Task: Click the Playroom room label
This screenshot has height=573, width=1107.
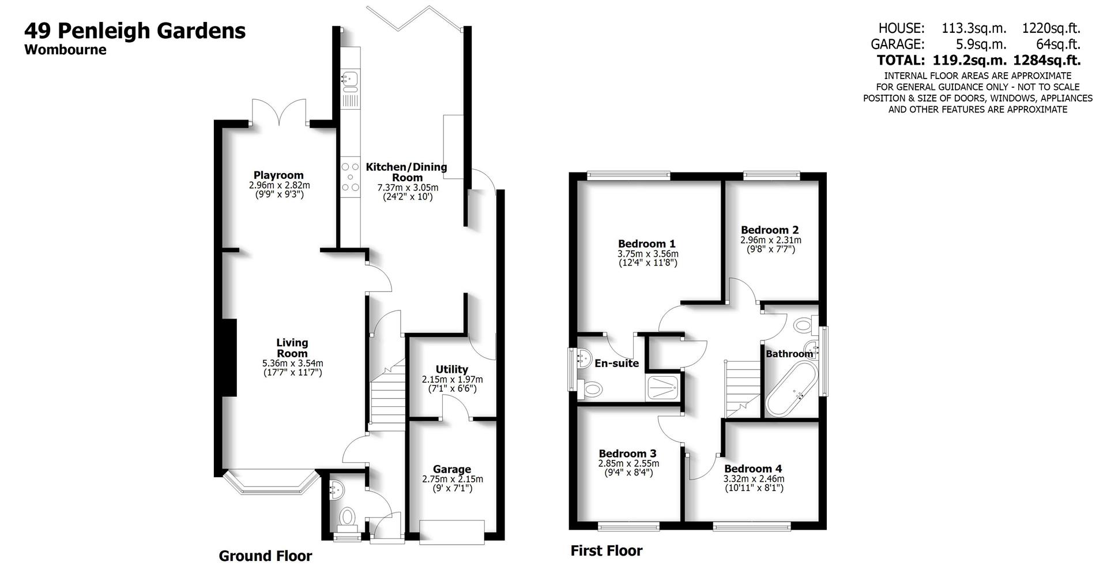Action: tap(278, 175)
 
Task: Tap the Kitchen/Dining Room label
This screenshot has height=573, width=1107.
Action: tap(406, 172)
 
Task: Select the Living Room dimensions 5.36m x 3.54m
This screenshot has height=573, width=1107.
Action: tap(292, 364)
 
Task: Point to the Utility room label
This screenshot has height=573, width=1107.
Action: tap(452, 369)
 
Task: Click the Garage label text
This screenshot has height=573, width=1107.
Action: tap(452, 470)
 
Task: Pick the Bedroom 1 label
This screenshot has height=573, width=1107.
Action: tap(647, 244)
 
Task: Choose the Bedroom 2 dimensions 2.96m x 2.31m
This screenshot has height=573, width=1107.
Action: tap(770, 240)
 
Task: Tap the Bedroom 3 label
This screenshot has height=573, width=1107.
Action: tap(627, 454)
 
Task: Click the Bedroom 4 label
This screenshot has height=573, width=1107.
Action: tap(753, 469)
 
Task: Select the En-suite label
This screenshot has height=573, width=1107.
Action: tap(616, 364)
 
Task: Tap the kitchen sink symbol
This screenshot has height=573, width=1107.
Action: tap(350, 81)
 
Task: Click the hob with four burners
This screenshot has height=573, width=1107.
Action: tap(350, 177)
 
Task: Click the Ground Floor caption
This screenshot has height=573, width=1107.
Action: tap(265, 556)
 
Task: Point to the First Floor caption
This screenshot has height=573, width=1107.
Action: tap(606, 551)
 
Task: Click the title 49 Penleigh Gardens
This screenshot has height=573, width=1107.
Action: tap(135, 30)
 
